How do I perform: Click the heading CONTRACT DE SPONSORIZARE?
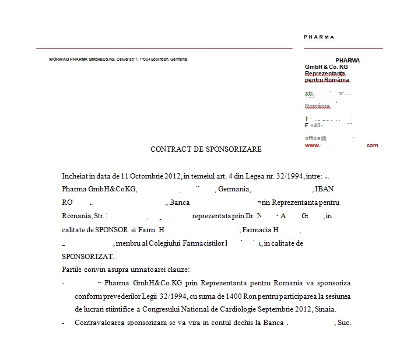pyautogui.click(x=206, y=149)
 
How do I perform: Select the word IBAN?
pyautogui.click(x=325, y=189)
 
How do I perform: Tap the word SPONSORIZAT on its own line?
pyautogui.click(x=89, y=256)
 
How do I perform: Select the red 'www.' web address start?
pyautogui.click(x=312, y=145)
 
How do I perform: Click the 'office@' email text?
pyautogui.click(x=315, y=138)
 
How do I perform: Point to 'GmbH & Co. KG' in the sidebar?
pyautogui.click(x=326, y=67)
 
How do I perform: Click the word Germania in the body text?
pyautogui.click(x=234, y=189)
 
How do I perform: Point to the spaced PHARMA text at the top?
pyautogui.click(x=319, y=37)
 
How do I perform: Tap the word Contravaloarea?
pyautogui.click(x=100, y=323)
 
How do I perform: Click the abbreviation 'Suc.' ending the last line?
pyautogui.click(x=344, y=323)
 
